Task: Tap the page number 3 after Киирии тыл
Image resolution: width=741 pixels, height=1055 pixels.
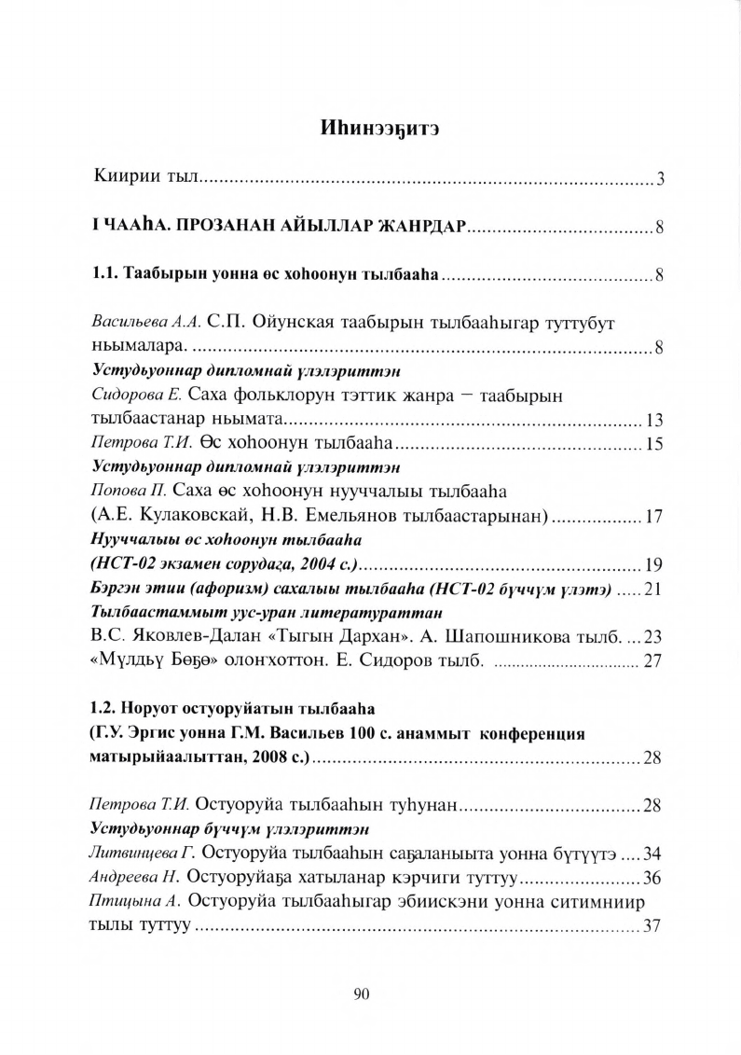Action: (x=658, y=179)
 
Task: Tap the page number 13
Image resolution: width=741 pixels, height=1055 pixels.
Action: (x=653, y=419)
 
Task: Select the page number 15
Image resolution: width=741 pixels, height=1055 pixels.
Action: (x=653, y=444)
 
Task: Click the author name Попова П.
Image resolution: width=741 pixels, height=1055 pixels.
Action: (x=125, y=493)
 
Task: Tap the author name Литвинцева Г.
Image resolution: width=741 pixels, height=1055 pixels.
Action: (x=138, y=854)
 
